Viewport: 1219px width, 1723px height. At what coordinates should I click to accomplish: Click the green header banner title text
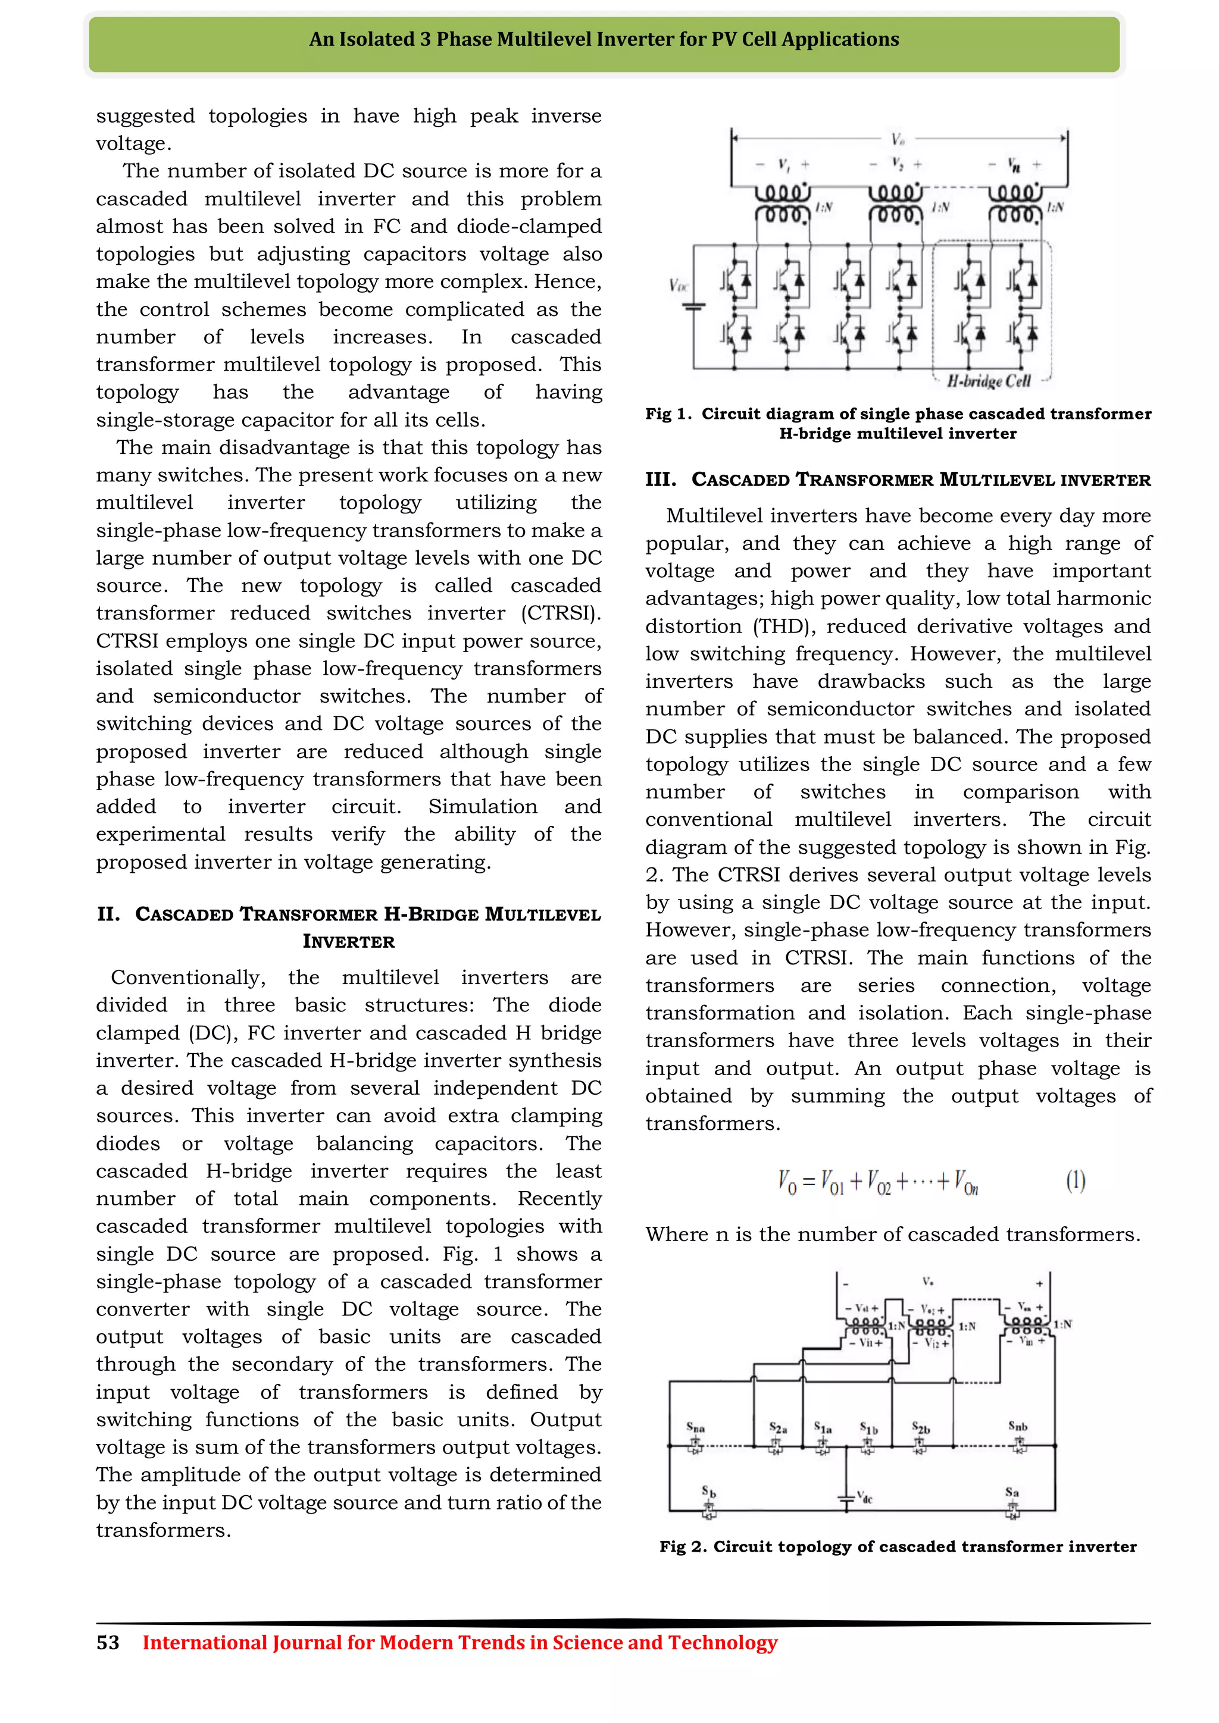[x=604, y=39]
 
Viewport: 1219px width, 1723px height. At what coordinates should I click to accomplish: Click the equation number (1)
[x=1076, y=1180]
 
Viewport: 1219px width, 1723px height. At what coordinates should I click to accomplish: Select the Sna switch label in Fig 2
[x=695, y=1427]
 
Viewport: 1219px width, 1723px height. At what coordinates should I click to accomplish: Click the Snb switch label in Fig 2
[x=1018, y=1425]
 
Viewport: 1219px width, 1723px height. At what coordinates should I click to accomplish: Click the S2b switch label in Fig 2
[x=921, y=1427]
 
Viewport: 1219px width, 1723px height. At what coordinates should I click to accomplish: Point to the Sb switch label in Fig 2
[x=708, y=1490]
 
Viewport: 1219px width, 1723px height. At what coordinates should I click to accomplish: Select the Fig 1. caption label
[x=668, y=413]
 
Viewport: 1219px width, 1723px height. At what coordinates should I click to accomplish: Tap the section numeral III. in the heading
[x=661, y=480]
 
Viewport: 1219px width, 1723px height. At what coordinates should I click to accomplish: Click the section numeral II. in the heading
[x=108, y=914]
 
